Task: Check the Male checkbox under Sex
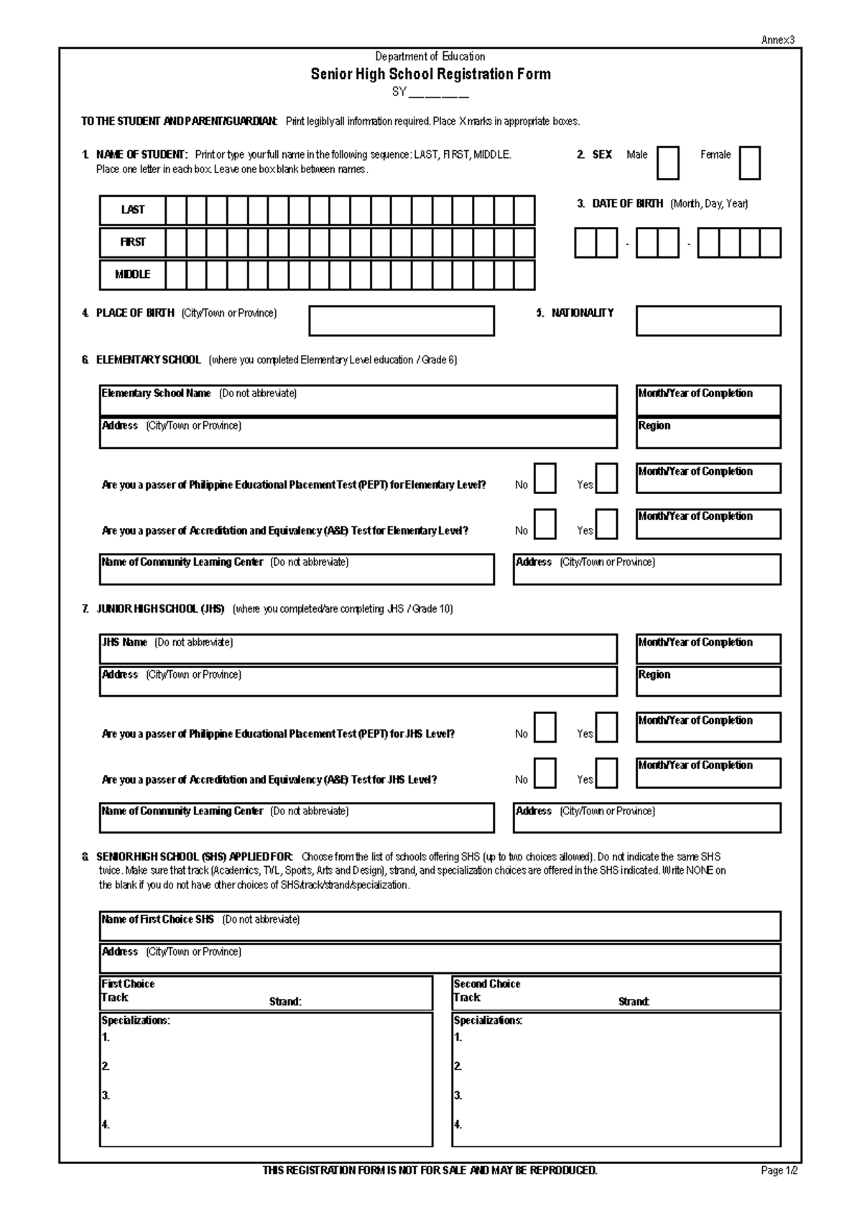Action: point(667,163)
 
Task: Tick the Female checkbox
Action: point(749,163)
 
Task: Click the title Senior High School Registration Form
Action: point(430,74)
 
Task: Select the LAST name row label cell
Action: point(133,210)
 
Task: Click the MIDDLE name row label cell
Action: point(133,275)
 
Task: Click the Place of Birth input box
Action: point(402,321)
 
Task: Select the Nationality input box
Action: point(708,321)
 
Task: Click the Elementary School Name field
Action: point(358,401)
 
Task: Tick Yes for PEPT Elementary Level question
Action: point(606,479)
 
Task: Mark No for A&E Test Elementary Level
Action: point(545,524)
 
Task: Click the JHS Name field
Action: point(358,649)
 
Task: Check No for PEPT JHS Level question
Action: point(545,727)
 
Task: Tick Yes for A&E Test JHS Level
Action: point(606,773)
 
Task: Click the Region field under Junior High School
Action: point(708,682)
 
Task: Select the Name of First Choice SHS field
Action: point(440,926)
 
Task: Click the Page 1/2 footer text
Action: point(779,1171)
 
